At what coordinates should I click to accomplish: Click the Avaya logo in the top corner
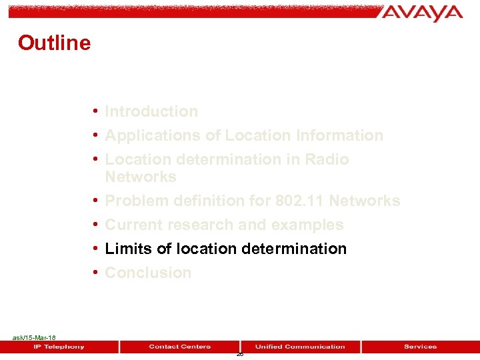(x=423, y=13)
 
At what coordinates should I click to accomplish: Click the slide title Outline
(x=54, y=43)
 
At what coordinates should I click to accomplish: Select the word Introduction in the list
(x=151, y=111)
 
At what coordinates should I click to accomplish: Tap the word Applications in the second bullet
(x=153, y=135)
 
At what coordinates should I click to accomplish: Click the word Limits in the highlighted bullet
(x=129, y=249)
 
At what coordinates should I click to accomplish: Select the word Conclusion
(x=148, y=273)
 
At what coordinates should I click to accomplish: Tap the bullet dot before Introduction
(x=97, y=111)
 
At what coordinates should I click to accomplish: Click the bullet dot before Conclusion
(x=97, y=273)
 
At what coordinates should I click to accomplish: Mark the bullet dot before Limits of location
(x=97, y=249)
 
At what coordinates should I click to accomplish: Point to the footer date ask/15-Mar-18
(x=34, y=338)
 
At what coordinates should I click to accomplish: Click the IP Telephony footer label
(x=59, y=347)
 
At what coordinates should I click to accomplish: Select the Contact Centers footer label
(x=179, y=347)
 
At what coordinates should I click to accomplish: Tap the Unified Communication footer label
(x=300, y=347)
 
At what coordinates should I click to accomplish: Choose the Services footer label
(x=420, y=347)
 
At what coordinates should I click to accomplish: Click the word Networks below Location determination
(x=141, y=177)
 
